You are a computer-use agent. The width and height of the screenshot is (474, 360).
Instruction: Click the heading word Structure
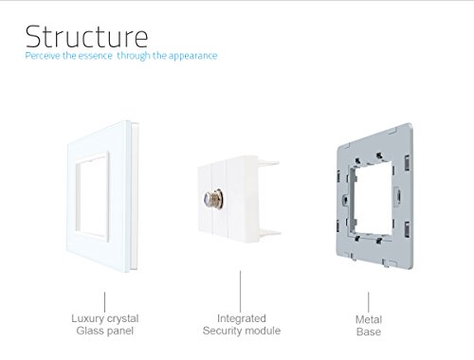click(x=86, y=36)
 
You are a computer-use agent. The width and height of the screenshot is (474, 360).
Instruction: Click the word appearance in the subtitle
click(x=192, y=56)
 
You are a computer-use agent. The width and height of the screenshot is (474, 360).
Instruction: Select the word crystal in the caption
click(x=122, y=318)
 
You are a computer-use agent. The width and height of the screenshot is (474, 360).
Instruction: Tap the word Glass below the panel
click(x=87, y=331)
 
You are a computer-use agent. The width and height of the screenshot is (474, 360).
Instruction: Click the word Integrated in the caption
click(x=242, y=318)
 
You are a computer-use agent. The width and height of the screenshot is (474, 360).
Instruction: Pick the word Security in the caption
click(x=222, y=331)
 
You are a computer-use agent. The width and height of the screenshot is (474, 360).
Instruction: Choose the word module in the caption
click(x=263, y=331)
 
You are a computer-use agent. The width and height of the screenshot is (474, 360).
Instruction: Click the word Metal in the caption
click(x=369, y=319)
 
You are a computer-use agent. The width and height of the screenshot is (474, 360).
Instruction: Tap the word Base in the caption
click(x=369, y=332)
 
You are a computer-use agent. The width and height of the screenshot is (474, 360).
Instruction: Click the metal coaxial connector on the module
click(x=214, y=199)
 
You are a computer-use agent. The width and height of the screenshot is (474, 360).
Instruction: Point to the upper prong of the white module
click(x=268, y=163)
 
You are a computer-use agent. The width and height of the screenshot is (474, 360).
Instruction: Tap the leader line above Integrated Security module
click(x=240, y=291)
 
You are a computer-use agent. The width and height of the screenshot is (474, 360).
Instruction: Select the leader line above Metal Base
click(x=368, y=302)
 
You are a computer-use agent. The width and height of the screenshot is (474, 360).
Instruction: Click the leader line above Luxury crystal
click(x=104, y=302)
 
